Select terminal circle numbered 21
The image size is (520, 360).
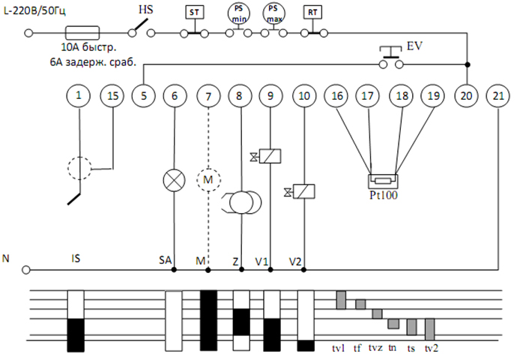tap(498, 96)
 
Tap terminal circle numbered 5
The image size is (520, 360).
tap(142, 96)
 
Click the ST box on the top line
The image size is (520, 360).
tap(193, 13)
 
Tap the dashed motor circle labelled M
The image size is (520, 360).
tap(208, 180)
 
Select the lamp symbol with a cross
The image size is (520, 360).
tap(174, 180)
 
